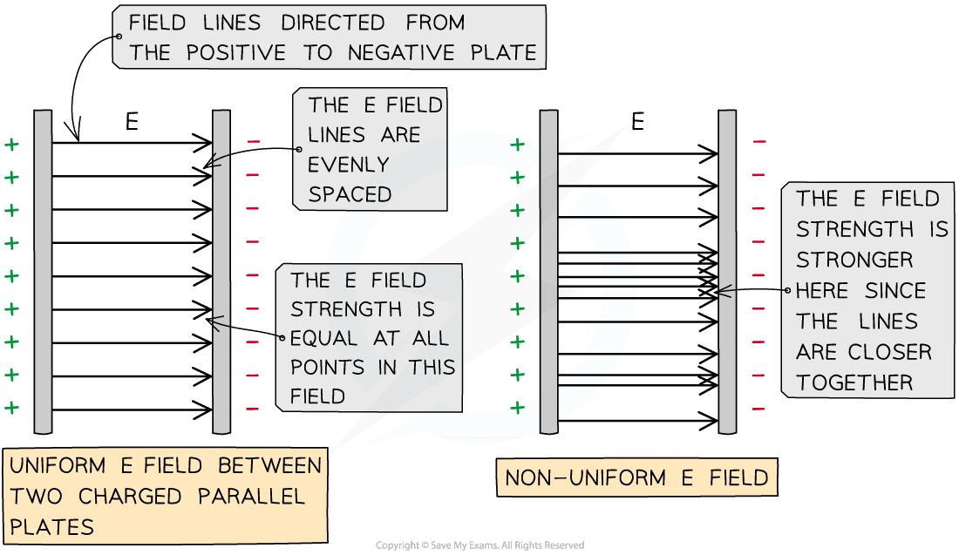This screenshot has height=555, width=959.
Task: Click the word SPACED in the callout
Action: coord(350,194)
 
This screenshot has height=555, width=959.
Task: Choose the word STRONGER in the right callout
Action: coord(842,260)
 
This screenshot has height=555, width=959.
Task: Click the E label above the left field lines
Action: coord(132,123)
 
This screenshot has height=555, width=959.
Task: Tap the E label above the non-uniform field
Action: coord(637,122)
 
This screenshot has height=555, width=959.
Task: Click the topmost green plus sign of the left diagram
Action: coord(11,144)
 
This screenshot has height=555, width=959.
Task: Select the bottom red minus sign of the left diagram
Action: coord(253,408)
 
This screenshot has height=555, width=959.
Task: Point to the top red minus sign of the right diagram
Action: coord(759,141)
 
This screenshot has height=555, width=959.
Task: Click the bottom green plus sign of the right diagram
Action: coord(518,407)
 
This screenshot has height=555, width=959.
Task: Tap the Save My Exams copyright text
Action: coord(479,545)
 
